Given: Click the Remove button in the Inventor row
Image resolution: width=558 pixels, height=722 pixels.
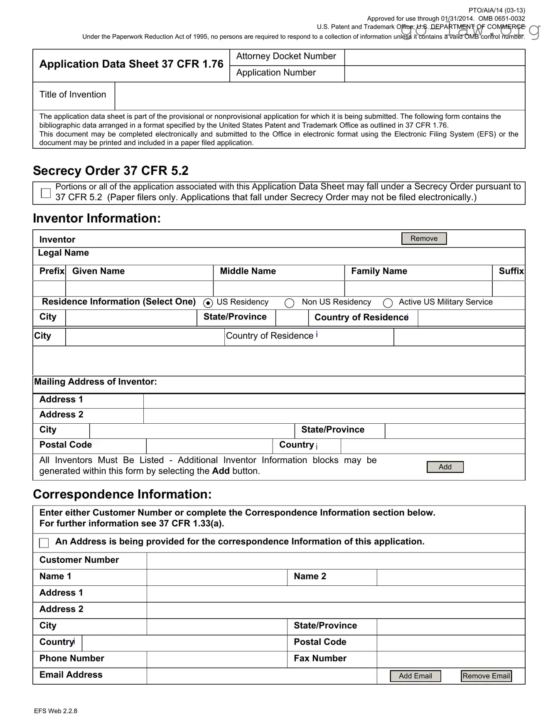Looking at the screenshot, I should pos(424,238).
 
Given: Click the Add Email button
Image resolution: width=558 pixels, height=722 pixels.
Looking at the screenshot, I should pos(415,676).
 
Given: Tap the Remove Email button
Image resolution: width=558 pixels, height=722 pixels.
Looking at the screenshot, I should pos(486,676).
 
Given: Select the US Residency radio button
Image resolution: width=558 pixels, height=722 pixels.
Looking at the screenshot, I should pos(208,303).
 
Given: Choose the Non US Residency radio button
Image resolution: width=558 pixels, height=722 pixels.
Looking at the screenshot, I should pos(290,303).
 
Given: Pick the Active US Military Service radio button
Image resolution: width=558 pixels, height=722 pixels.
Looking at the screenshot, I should pos(388,303).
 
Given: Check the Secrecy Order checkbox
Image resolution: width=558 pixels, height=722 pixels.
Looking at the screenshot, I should pos(46,193).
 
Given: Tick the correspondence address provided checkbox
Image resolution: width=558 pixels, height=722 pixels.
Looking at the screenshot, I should pos(44,543).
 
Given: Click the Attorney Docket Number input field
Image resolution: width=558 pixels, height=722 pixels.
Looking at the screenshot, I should pos(434,57).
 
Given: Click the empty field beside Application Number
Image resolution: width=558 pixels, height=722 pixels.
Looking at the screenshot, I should pos(434,74).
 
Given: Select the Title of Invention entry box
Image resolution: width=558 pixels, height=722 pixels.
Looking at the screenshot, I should pos(319,96).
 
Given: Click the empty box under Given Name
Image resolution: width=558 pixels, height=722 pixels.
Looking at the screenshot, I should pos(139,289).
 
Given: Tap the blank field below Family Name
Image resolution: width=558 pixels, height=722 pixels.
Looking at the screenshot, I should pos(418,289).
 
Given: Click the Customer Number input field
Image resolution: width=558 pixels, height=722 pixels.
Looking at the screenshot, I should pos(335,561).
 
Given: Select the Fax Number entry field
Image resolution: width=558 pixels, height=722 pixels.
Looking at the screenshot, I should pos(450,659).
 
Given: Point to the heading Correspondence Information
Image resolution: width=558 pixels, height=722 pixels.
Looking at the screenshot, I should pos(122,494).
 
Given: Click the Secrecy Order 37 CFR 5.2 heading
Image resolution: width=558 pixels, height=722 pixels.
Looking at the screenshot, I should pos(111,171).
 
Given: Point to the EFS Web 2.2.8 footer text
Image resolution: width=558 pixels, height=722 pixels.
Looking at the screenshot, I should pos(56,711).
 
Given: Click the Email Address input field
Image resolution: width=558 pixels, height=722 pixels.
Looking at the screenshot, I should pos(261,676).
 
